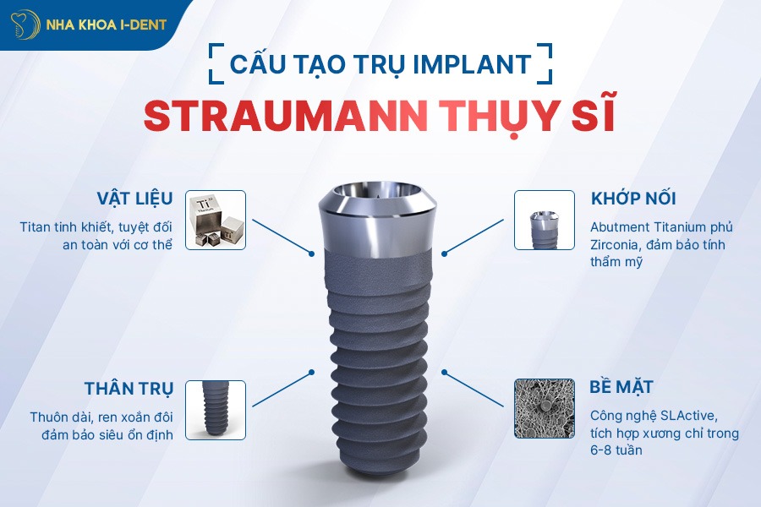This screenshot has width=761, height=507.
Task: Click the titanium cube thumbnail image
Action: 215,220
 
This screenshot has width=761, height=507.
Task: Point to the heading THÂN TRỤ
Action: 129,390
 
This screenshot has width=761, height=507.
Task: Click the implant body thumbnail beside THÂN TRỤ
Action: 215,410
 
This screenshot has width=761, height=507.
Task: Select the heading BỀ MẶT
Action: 621,388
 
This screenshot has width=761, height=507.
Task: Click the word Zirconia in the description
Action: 620,245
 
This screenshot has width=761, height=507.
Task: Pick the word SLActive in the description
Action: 689,416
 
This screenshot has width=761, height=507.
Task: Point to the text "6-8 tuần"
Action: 616,450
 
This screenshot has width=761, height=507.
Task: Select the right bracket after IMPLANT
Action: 547,63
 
